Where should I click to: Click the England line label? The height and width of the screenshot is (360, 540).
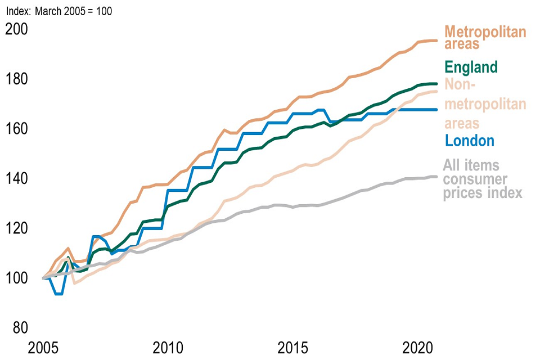471,67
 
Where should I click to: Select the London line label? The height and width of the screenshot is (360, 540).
469,141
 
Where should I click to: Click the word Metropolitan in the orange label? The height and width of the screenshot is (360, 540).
485,31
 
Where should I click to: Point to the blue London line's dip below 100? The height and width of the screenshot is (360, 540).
58,294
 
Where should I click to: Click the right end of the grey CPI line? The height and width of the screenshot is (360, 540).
436,177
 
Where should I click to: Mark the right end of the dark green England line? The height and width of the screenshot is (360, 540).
436,84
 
